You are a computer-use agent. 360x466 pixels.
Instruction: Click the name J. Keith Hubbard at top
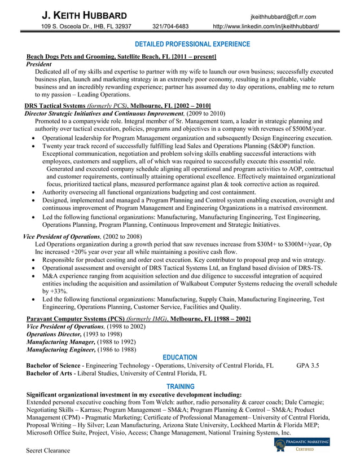[84, 15]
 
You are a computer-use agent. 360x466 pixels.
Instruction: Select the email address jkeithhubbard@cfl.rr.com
[283, 17]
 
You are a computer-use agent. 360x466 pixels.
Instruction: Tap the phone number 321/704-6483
[170, 27]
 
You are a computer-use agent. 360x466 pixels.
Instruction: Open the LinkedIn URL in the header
[265, 27]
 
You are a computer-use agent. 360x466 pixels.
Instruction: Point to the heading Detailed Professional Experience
[192, 44]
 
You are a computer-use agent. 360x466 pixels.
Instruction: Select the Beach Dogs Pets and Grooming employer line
[121, 56]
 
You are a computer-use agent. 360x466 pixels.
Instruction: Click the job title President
[39, 64]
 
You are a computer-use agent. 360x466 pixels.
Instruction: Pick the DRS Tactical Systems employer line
[118, 105]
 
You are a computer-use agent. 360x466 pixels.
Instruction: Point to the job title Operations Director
[54, 334]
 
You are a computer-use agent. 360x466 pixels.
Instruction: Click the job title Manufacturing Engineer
[60, 349]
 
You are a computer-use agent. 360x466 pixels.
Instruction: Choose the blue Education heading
[179, 357]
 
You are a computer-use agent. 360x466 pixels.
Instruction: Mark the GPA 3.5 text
[308, 366]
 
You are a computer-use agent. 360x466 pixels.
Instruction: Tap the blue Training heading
[179, 386]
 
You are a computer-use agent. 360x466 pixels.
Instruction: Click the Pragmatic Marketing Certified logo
[302, 445]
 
